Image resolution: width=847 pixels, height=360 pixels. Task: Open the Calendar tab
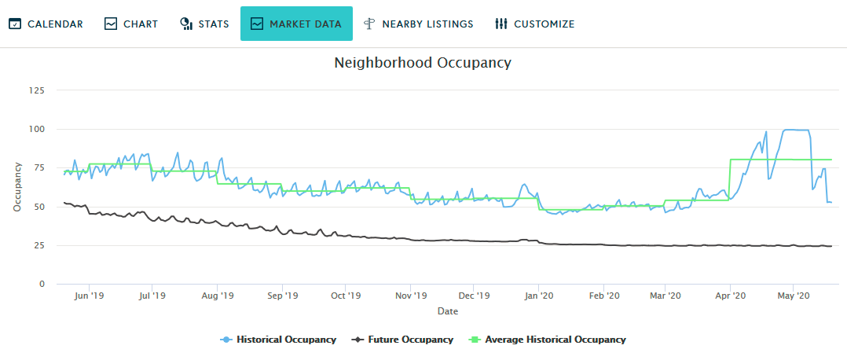coord(46,24)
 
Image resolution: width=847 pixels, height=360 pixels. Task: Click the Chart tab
coord(131,24)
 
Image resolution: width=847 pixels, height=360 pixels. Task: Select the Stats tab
coord(204,24)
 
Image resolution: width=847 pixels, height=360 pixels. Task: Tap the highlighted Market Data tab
coord(296,24)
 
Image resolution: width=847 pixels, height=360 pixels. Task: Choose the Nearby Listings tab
coord(418,24)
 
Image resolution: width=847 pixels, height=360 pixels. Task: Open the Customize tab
coord(534,24)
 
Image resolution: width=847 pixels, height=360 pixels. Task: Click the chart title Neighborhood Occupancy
coord(423,63)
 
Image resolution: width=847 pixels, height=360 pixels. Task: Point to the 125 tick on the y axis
coord(36,90)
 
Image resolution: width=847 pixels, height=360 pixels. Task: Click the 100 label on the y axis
coord(36,129)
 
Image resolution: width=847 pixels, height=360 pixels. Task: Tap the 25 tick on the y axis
coord(38,245)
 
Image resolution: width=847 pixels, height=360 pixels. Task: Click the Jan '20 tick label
coord(538,296)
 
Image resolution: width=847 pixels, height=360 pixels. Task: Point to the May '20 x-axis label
coord(793,296)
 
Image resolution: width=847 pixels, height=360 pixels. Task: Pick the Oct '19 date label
coord(345,296)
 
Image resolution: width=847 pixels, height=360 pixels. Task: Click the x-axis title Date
coord(448,311)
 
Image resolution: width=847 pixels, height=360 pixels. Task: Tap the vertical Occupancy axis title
coord(16,187)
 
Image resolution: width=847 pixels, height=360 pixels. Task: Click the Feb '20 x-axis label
coord(603,296)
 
